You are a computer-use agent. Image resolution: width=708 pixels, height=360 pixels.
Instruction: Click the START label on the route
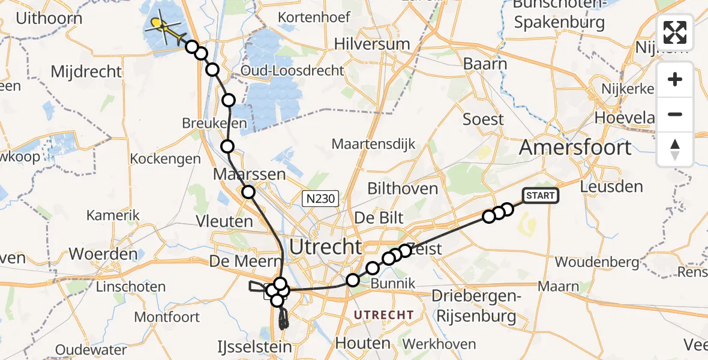pos(541,196)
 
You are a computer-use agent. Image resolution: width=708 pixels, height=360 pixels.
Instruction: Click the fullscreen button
pos(675,32)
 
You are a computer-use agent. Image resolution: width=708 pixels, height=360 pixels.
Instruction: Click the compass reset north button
pos(675,149)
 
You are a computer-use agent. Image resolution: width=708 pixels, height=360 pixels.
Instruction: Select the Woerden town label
pos(103,253)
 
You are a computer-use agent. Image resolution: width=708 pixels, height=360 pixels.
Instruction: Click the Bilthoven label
pos(403,189)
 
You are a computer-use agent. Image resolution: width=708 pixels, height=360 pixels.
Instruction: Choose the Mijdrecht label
pos(86,72)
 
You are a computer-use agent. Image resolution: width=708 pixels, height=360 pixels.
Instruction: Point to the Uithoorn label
pos(49,18)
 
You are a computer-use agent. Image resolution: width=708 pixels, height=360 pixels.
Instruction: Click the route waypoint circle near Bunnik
pos(353,280)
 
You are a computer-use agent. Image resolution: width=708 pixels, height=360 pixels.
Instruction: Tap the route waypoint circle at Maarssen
pos(248,192)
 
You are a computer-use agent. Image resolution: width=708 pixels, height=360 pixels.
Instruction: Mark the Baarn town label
pos(485,64)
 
